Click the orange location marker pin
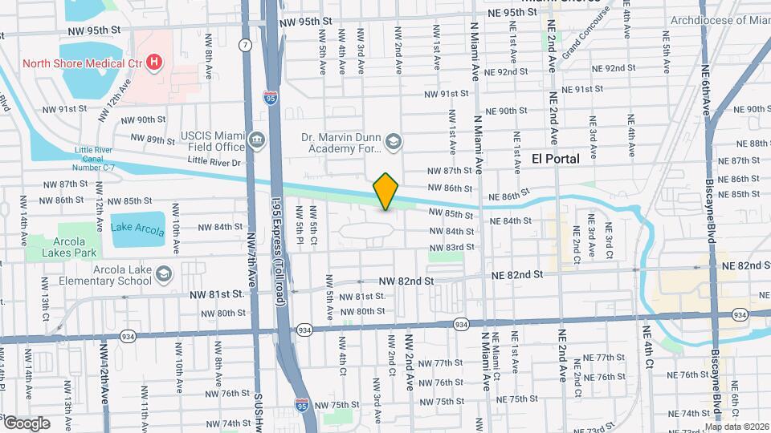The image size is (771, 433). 385,192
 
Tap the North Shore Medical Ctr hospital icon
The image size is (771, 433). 153,63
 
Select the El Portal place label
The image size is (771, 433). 556,159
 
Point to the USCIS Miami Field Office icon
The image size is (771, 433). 257,141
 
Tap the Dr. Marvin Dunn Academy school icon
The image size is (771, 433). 393,143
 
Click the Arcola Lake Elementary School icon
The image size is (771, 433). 165,275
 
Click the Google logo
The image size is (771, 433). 27,423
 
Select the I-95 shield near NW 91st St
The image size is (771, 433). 271,99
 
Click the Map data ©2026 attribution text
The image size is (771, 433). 737,427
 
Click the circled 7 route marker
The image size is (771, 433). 243,46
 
